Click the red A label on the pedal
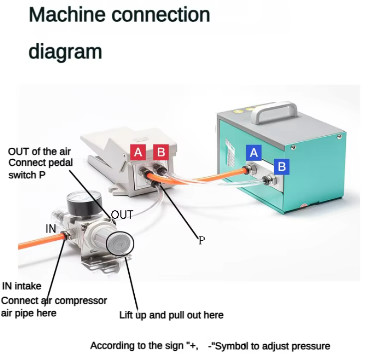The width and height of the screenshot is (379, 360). tap(138, 152)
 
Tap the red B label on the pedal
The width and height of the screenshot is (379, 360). tap(161, 152)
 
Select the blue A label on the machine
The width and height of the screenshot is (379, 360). tap(253, 152)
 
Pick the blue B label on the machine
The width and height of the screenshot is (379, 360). tap(281, 167)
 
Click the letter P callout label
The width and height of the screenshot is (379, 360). tap(201, 240)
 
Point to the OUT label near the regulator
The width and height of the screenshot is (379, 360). tap(122, 215)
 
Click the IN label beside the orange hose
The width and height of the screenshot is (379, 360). tap(51, 228)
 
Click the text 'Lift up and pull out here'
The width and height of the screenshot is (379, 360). tap(171, 315)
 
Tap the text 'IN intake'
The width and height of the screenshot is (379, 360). tap(22, 286)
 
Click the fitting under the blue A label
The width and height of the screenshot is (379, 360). tap(252, 168)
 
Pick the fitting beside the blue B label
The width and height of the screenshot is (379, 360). tap(267, 181)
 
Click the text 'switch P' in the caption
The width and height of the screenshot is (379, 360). tap(27, 175)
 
